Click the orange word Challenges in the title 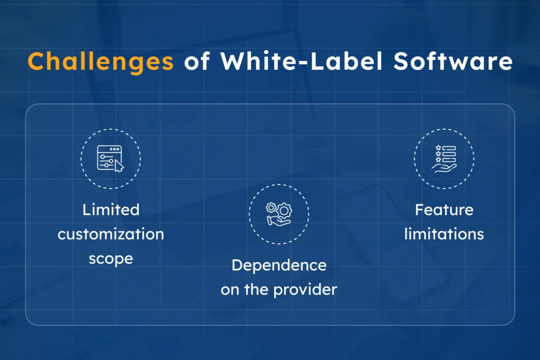[100, 62]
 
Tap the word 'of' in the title [197, 62]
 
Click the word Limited [111, 210]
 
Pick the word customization [111, 234]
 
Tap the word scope [111, 259]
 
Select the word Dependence [279, 265]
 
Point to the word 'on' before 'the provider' [229, 289]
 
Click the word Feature [444, 210]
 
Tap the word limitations [444, 234]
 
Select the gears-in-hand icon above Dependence [279, 214]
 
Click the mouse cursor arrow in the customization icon [119, 166]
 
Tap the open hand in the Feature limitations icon [443, 168]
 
